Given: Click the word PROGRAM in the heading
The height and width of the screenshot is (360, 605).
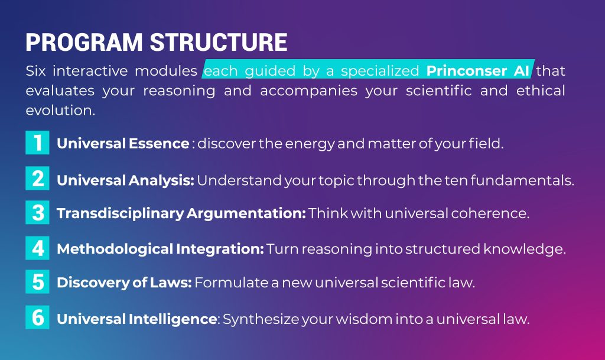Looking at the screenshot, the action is [x=84, y=42].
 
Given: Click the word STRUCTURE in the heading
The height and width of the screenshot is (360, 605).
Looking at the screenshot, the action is [x=219, y=42].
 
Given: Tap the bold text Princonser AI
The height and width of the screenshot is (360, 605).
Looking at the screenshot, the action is [x=477, y=70].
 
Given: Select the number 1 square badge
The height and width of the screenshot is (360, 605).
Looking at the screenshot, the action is [x=37, y=142].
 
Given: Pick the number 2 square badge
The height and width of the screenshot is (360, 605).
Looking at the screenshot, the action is [x=37, y=179].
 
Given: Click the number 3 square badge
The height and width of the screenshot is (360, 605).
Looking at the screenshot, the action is [x=37, y=212].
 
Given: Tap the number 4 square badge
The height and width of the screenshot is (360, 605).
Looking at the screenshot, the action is [x=37, y=248].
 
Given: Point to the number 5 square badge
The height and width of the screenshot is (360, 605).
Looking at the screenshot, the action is [x=37, y=281].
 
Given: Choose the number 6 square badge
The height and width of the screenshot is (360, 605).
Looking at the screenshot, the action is [x=37, y=317].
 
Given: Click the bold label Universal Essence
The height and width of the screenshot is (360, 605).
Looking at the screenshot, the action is [x=123, y=144].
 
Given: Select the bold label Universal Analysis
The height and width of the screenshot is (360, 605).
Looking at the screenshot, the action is [x=125, y=180].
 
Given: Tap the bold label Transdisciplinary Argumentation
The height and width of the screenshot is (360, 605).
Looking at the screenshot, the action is [x=181, y=213].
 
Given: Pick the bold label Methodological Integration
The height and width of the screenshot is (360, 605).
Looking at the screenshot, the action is [x=161, y=249].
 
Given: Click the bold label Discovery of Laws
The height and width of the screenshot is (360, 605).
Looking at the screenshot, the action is [x=124, y=283].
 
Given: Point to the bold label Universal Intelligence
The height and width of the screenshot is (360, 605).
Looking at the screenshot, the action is [x=138, y=319].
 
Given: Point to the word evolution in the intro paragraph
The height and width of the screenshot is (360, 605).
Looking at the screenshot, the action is [x=60, y=111].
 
